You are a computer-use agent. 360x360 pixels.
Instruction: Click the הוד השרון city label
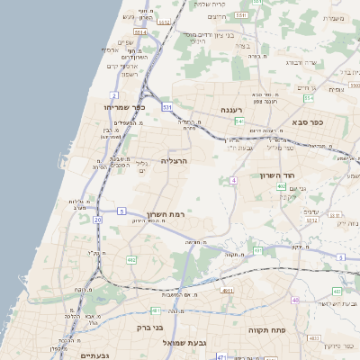[x=278, y=175]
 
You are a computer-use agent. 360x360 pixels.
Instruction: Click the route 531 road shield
[x=167, y=107]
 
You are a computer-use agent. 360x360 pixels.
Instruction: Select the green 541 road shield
[x=239, y=120]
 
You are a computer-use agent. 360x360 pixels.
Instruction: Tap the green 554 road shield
[x=309, y=97]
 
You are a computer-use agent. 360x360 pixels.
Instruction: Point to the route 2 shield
[x=114, y=94]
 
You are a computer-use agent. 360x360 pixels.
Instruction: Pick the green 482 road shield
[x=131, y=260]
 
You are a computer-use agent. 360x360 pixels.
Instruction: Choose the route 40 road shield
[x=295, y=300]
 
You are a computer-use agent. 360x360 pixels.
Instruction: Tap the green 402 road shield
[x=282, y=186]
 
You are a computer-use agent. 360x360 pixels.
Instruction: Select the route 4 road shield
[x=232, y=181]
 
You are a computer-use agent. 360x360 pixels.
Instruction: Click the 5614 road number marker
[x=140, y=32]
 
